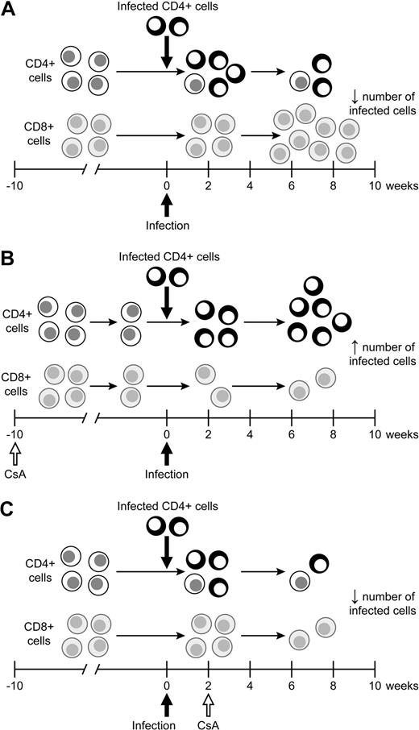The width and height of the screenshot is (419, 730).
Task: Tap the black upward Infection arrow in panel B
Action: (x=167, y=448)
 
